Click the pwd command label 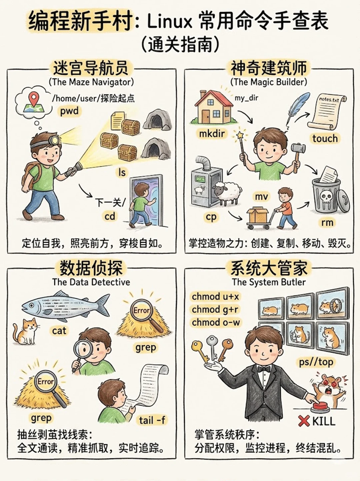(x=69, y=111)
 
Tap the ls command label (x=122, y=172)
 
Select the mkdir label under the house (x=212, y=134)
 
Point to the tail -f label (x=152, y=420)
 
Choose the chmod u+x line (x=215, y=296)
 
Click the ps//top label (x=316, y=362)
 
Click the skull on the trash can (x=326, y=197)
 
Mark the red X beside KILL (x=304, y=421)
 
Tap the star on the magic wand (x=239, y=135)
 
